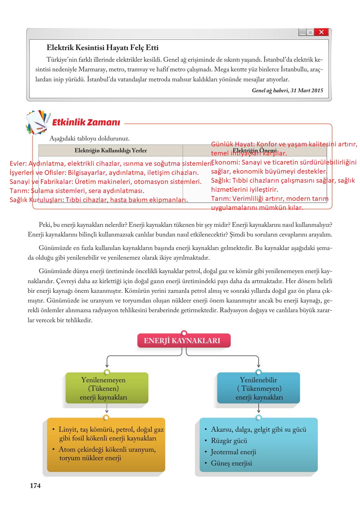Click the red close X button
321,32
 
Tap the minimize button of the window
302,32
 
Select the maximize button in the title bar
310,32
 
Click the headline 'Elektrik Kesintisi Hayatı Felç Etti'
103,48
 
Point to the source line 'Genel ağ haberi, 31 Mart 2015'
287,90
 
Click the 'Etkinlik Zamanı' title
86,122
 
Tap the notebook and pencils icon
38,122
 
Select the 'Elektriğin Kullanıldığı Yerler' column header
111,150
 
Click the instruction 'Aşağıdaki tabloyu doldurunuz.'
89,138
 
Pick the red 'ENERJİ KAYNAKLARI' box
184,341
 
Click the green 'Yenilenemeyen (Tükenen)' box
107,388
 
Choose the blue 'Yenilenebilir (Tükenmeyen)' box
259,388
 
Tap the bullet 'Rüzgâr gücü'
229,441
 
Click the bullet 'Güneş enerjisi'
231,463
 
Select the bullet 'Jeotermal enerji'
233,452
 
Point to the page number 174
35,485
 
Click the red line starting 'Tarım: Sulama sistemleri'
77,190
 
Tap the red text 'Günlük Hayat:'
233,144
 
